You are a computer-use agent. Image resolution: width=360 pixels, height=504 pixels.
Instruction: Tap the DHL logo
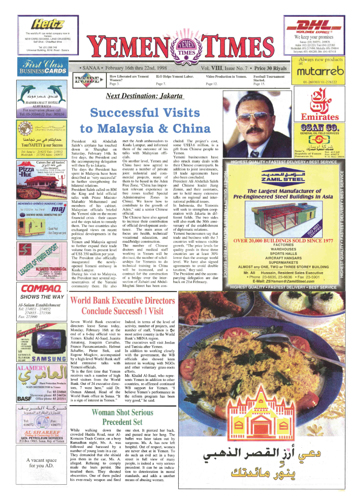(313, 26)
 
